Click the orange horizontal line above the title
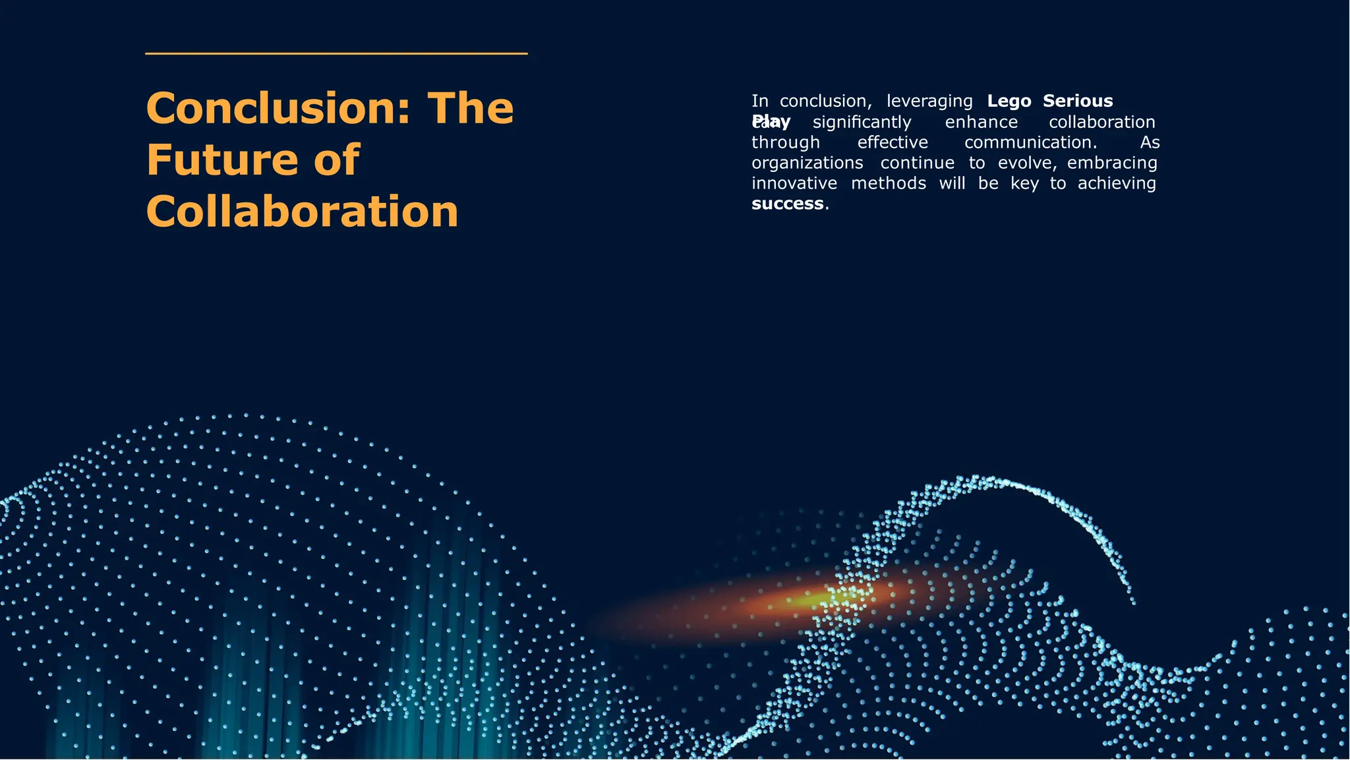click(336, 53)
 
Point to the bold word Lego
click(1009, 101)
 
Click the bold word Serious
click(1077, 101)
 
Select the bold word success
click(787, 204)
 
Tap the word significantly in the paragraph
click(862, 122)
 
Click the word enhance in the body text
click(981, 122)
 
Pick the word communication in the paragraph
click(1030, 142)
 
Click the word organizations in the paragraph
click(807, 163)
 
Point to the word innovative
click(794, 183)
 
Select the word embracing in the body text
click(1112, 163)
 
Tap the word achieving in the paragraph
click(1116, 183)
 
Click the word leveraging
click(929, 102)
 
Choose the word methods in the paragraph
click(888, 183)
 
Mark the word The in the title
click(470, 108)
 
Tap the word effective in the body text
click(892, 142)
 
